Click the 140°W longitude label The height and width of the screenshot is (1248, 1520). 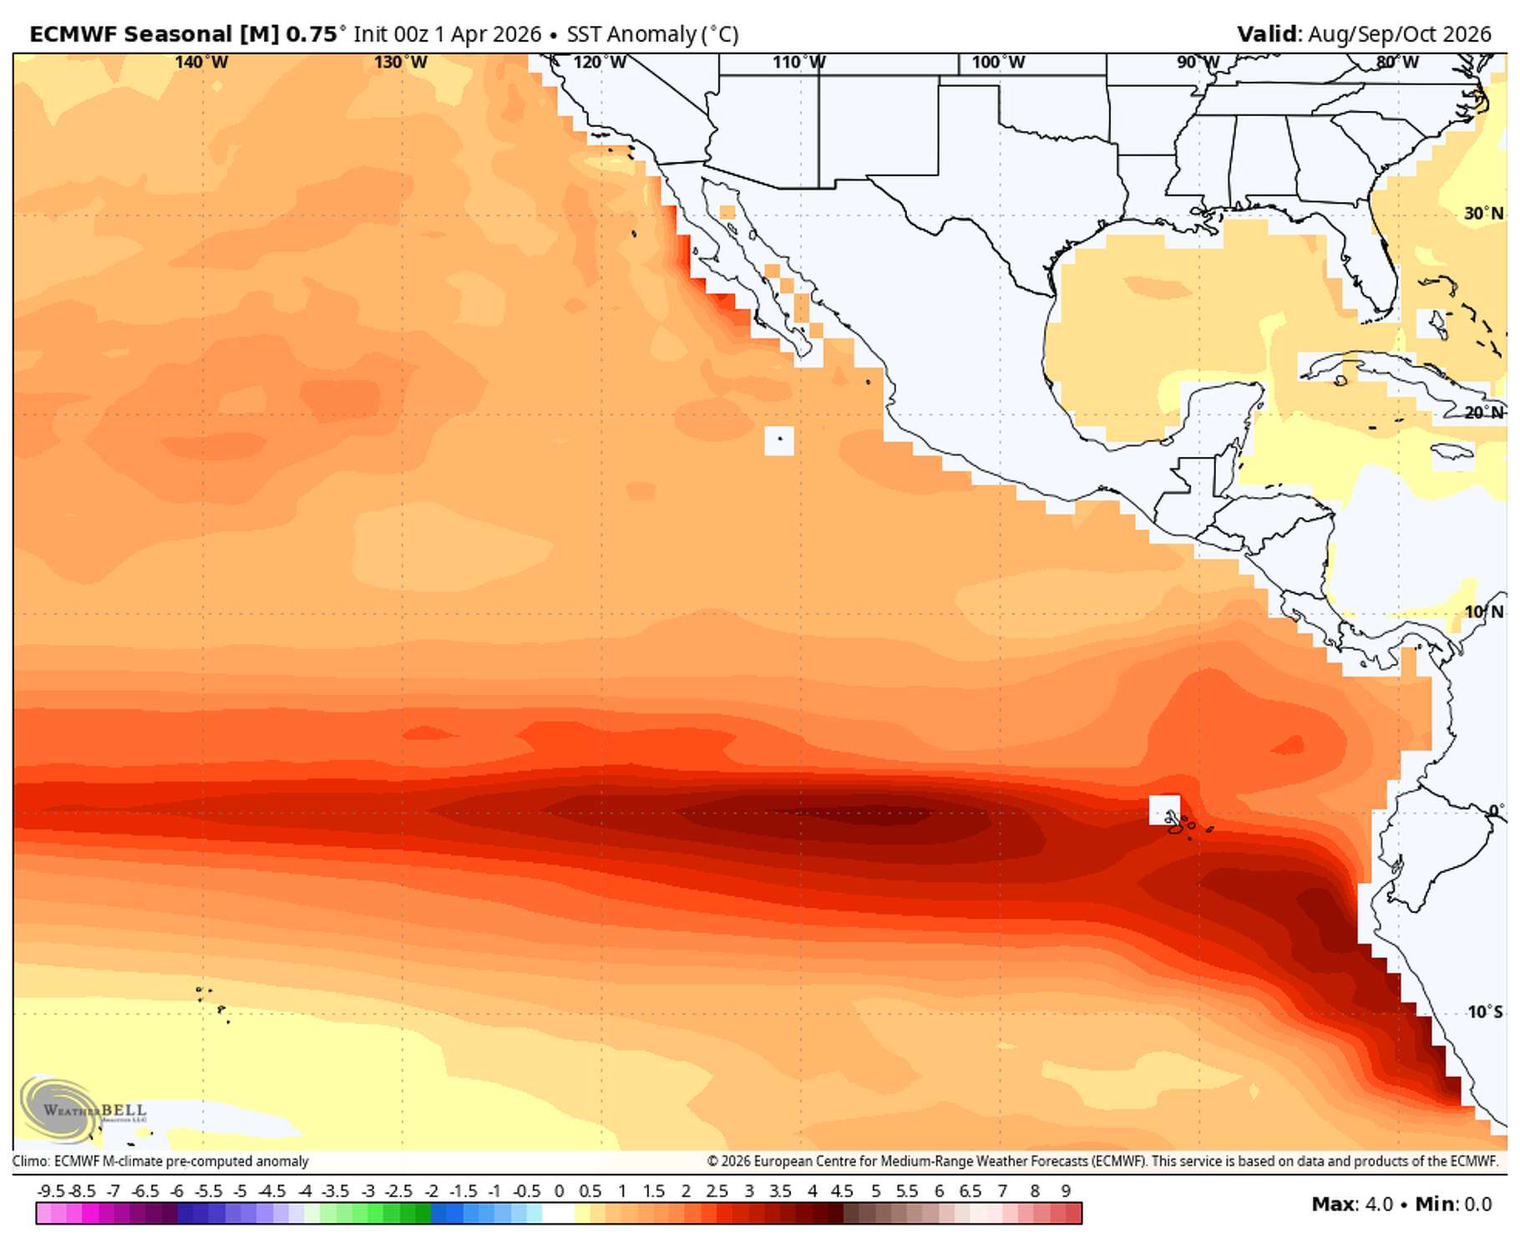click(201, 63)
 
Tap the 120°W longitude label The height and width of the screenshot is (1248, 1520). click(600, 63)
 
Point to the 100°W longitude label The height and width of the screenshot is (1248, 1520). click(998, 63)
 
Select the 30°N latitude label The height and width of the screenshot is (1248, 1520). click(1483, 214)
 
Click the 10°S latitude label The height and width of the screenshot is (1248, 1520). click(1485, 1012)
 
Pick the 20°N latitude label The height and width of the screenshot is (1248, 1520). click(1483, 413)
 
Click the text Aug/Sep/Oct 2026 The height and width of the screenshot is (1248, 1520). click(1400, 34)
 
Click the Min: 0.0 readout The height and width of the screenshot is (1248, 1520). click(1453, 1204)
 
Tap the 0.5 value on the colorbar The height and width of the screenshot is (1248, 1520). click(590, 1191)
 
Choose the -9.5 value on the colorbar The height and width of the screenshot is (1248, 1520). click(51, 1191)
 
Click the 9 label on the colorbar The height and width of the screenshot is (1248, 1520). click(1066, 1191)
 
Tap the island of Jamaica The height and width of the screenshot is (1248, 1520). click(1452, 452)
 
